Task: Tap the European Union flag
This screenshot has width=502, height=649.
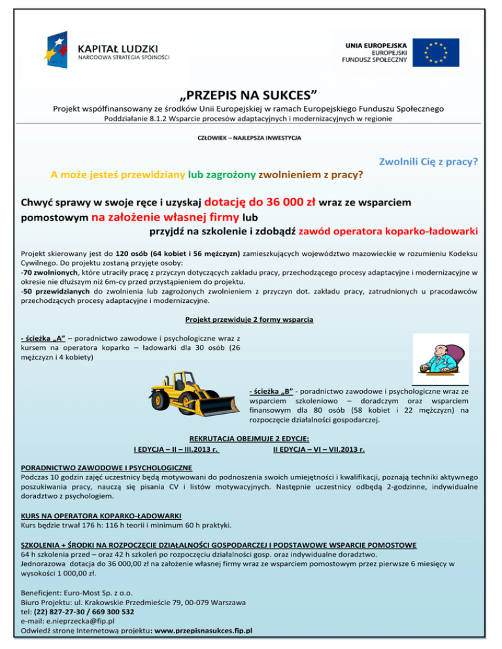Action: [x=435, y=52]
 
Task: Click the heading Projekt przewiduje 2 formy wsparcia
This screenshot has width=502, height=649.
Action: [x=249, y=320]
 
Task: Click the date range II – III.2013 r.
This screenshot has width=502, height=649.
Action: [x=194, y=449]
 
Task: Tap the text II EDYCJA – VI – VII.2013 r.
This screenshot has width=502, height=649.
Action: [x=319, y=449]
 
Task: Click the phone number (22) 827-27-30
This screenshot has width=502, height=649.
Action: [x=66, y=612]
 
